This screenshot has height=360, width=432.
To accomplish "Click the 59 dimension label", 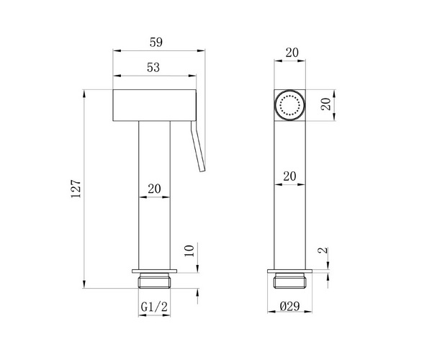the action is pyautogui.click(x=156, y=42).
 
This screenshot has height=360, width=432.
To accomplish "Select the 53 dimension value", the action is pyautogui.click(x=153, y=68).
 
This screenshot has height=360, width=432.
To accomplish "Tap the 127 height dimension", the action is pyautogui.click(x=76, y=189).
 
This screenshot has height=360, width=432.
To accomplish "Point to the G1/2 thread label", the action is pyautogui.click(x=154, y=307).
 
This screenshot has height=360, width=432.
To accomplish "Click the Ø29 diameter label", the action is pyautogui.click(x=290, y=306).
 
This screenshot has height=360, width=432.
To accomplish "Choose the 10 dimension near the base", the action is pyautogui.click(x=189, y=251).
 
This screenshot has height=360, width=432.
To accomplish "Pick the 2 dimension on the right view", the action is pyautogui.click(x=325, y=250).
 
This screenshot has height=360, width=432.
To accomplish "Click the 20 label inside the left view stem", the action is pyautogui.click(x=154, y=189).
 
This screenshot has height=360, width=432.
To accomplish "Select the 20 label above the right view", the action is pyautogui.click(x=292, y=53).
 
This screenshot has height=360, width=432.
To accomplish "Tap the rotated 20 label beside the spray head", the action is pyautogui.click(x=326, y=104).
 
